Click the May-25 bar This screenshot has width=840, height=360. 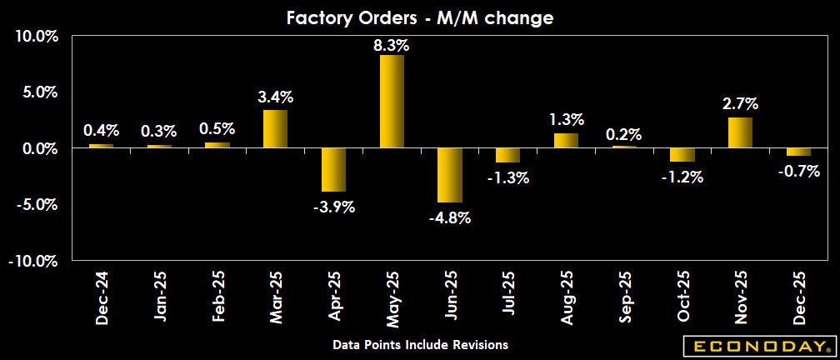point(392,102)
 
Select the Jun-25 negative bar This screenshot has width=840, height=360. point(449,175)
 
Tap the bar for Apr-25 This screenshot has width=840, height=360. point(333,170)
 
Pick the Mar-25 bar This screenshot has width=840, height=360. point(275,129)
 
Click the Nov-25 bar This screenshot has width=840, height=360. point(740,132)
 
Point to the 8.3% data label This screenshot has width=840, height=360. point(392,44)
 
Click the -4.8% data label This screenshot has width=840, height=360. point(450,218)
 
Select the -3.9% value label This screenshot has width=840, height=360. point(333,207)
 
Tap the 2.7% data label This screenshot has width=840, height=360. point(740,104)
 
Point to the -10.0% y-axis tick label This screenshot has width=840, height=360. point(32,261)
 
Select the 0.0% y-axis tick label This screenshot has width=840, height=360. point(37,148)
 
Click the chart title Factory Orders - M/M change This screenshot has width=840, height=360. point(420,17)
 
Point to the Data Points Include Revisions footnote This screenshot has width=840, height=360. point(420,344)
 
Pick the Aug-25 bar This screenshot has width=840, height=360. point(566,141)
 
